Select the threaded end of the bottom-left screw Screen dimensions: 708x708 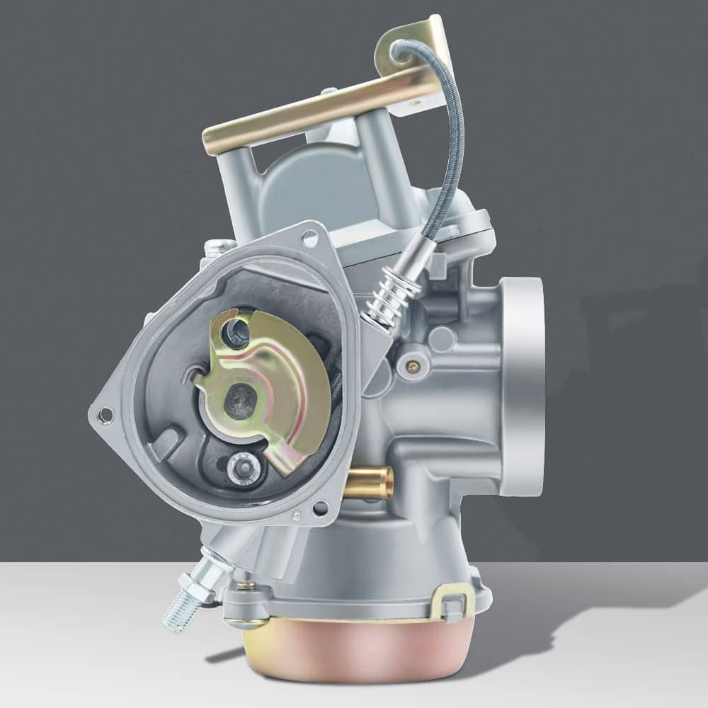tap(176, 615)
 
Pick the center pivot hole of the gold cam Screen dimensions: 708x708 tap(239, 401)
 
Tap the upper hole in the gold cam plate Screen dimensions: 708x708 tap(236, 333)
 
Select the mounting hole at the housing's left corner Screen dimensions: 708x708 tap(105, 414)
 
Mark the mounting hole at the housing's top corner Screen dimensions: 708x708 tap(309, 239)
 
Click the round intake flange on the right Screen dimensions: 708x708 tap(523, 386)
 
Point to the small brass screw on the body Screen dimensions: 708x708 tap(413, 366)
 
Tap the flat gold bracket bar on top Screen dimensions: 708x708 tap(319, 113)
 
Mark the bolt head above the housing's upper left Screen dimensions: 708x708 tap(216, 247)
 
